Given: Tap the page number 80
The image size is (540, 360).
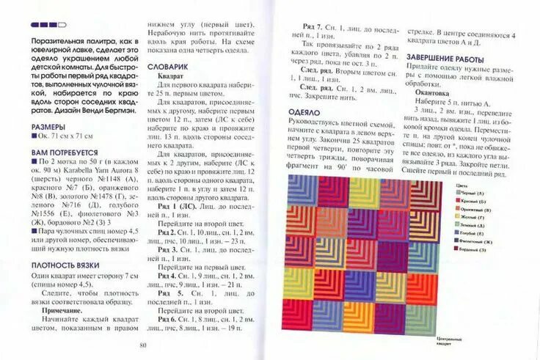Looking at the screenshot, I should (x=143, y=346).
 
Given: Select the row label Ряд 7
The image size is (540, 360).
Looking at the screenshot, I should (x=313, y=26).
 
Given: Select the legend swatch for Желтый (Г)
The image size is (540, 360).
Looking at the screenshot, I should (x=460, y=218).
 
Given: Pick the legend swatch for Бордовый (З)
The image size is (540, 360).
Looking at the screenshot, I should (x=460, y=251).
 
